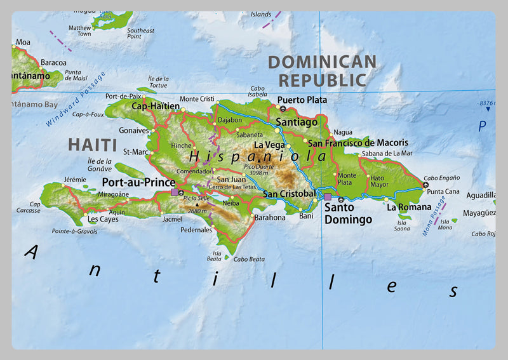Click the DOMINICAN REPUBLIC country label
(322, 71)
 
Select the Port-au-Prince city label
(138, 181)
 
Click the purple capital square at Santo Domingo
(328, 197)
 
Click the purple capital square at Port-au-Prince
(175, 192)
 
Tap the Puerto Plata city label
(302, 100)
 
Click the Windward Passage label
(77, 99)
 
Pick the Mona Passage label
(434, 216)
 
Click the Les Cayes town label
(103, 219)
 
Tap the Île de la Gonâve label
(100, 164)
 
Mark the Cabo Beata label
(249, 259)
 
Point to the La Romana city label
(409, 207)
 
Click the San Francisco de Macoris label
(358, 143)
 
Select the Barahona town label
(270, 217)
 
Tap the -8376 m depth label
(486, 103)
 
